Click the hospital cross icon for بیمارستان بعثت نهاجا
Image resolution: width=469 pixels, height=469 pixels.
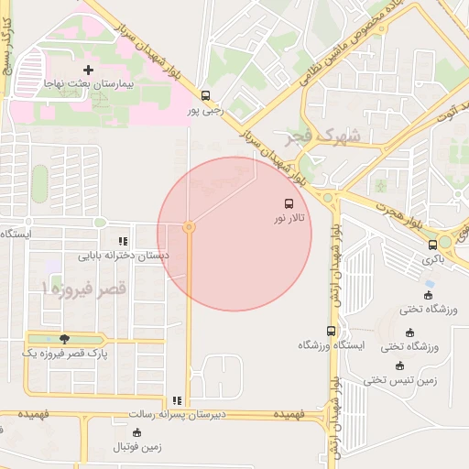click(89, 70)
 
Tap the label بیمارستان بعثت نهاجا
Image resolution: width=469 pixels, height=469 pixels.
click(89, 83)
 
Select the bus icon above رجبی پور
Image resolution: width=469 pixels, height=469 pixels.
click(205, 95)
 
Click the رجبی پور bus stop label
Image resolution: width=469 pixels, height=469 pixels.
click(205, 110)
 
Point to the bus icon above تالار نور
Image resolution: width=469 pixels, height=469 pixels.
click(289, 203)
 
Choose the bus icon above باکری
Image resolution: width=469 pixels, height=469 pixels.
click(432, 245)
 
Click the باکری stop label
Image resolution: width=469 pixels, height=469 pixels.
click(432, 259)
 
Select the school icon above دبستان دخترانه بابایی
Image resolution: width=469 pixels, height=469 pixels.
click(122, 242)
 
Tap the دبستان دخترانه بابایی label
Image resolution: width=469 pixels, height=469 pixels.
click(122, 256)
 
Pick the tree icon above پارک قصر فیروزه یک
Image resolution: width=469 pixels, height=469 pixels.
click(63, 339)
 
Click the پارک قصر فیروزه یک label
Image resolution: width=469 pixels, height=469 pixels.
click(63, 354)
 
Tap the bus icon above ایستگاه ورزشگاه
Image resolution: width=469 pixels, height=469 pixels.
click(331, 331)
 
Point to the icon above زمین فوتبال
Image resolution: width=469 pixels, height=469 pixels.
click(137, 432)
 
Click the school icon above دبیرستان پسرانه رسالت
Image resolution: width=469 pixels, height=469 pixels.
click(177, 400)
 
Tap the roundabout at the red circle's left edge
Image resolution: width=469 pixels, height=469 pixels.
click(189, 226)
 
